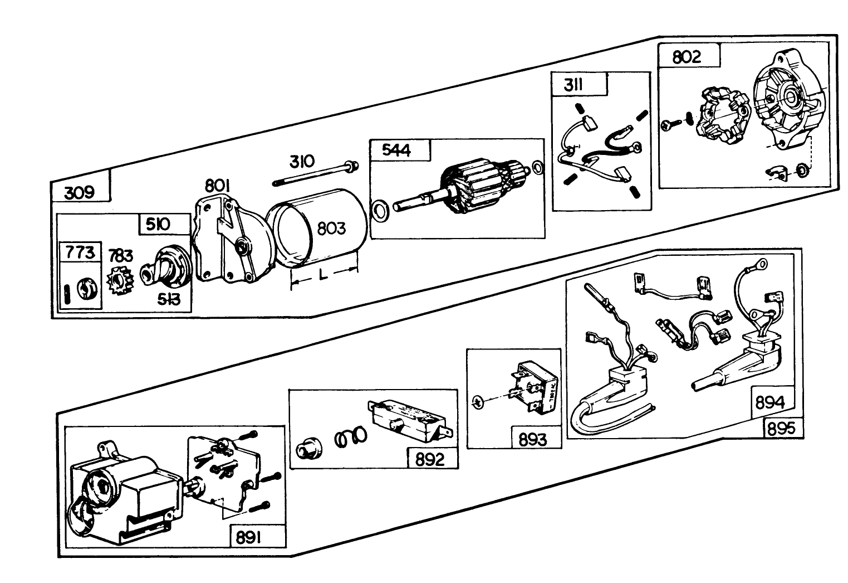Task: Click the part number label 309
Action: pyautogui.click(x=80, y=193)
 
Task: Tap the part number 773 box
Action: pyautogui.click(x=81, y=252)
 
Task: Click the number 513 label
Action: pyautogui.click(x=168, y=300)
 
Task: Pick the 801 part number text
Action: pyautogui.click(x=219, y=186)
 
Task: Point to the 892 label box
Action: pyautogui.click(x=430, y=459)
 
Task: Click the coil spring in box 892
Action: pyautogui.click(x=350, y=438)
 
